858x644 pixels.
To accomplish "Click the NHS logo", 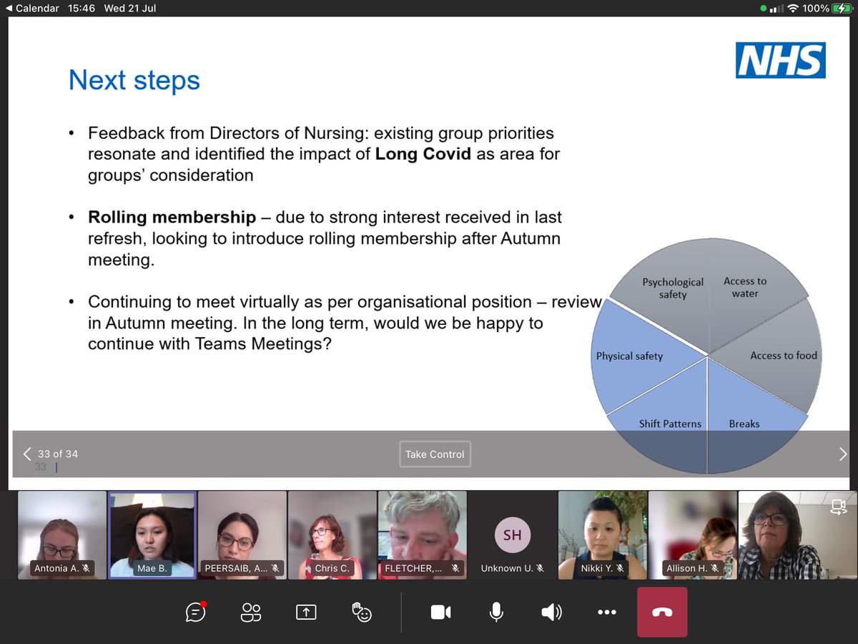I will pyautogui.click(x=780, y=60).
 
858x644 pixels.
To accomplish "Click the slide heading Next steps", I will pyautogui.click(x=134, y=80).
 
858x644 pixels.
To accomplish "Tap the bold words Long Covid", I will pyautogui.click(x=423, y=154).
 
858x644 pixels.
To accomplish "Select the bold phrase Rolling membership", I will pyautogui.click(x=172, y=217).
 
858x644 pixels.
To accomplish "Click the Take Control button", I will pyautogui.click(x=435, y=454).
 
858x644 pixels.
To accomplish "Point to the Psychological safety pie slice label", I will pyautogui.click(x=673, y=288).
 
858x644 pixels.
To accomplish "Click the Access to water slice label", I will pyautogui.click(x=745, y=287).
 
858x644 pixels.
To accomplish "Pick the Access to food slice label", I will pyautogui.click(x=783, y=356).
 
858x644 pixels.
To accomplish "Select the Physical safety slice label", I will pyautogui.click(x=629, y=356).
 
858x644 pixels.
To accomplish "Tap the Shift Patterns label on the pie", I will pyautogui.click(x=670, y=424).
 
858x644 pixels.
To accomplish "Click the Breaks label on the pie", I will pyautogui.click(x=744, y=424).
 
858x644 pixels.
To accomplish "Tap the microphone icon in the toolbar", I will pyautogui.click(x=495, y=612).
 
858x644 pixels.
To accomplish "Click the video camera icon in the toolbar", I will pyautogui.click(x=440, y=612).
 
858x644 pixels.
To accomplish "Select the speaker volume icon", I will pyautogui.click(x=551, y=612).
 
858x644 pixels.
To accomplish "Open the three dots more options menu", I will pyautogui.click(x=606, y=612).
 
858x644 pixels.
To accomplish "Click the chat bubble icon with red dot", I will pyautogui.click(x=195, y=612).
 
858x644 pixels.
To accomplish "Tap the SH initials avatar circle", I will pyautogui.click(x=512, y=535).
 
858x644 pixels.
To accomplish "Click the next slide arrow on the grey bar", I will pyautogui.click(x=842, y=454).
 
